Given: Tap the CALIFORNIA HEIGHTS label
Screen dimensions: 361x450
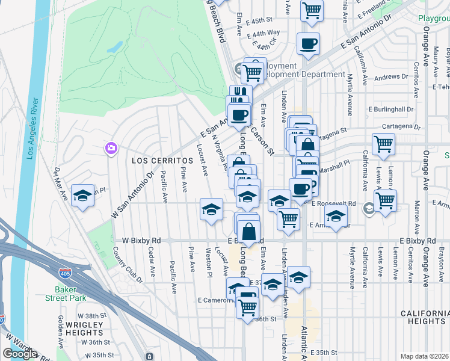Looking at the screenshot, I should tap(425, 318).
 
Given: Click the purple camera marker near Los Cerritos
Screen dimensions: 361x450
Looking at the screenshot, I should tap(111, 148).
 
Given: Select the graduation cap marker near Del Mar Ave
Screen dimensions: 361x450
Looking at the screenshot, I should tap(83, 196).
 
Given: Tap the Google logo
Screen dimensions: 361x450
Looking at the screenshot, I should tap(20, 354).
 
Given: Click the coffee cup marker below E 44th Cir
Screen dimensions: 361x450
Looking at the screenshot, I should tap(308, 43).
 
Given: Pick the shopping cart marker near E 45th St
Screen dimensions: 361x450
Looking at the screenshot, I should tap(312, 10).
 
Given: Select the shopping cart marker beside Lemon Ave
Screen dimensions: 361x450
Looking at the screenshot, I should tap(386, 199).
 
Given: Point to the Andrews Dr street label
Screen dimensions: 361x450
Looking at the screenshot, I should tap(391, 77).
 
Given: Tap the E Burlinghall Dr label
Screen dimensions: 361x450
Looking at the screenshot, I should tap(391, 110).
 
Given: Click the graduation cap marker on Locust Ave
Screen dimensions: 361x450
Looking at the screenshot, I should tap(211, 210).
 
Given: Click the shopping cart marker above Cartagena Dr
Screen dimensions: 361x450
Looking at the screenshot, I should tap(383, 144).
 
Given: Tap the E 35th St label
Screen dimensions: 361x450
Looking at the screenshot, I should tap(323, 352).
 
